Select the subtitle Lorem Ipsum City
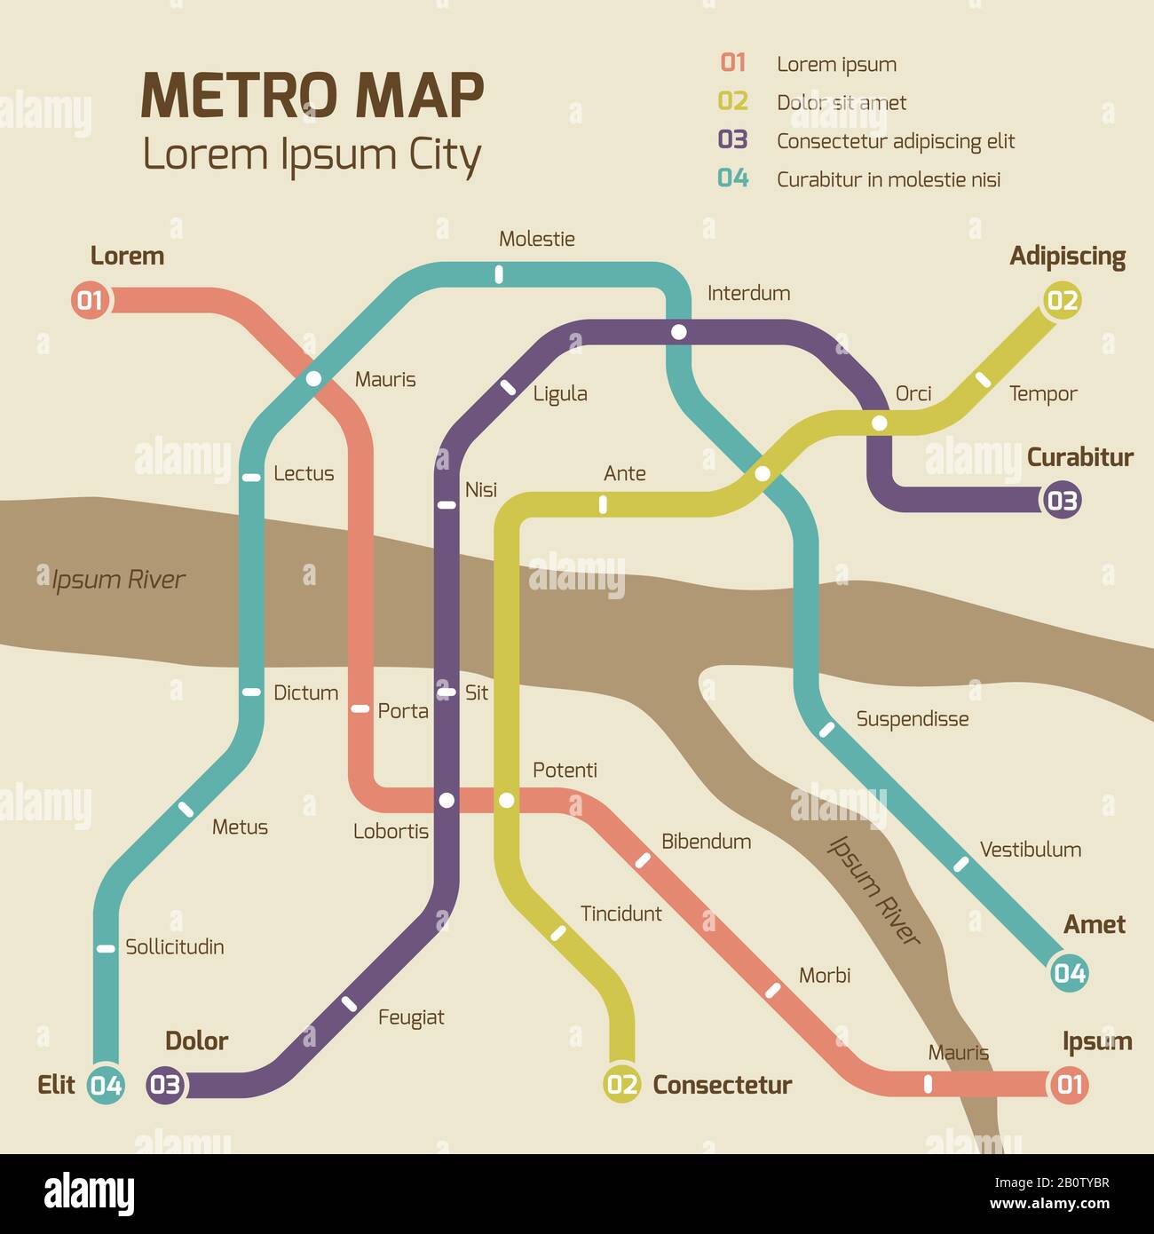[312, 155]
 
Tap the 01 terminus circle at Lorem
[90, 300]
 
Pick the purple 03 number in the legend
[733, 140]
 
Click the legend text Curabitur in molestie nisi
[889, 179]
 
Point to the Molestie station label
[536, 239]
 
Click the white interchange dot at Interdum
[679, 332]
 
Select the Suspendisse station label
[912, 719]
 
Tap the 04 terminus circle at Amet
[1069, 973]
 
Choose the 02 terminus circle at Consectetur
[622, 1084]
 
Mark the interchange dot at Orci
[879, 423]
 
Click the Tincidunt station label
[620, 914]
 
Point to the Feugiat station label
[411, 1017]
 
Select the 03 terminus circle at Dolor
[165, 1084]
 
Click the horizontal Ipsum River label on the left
[118, 580]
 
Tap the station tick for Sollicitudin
[106, 948]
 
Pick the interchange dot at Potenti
[506, 801]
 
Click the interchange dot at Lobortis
[447, 801]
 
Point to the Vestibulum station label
[1030, 850]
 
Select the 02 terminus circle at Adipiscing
[1062, 300]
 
